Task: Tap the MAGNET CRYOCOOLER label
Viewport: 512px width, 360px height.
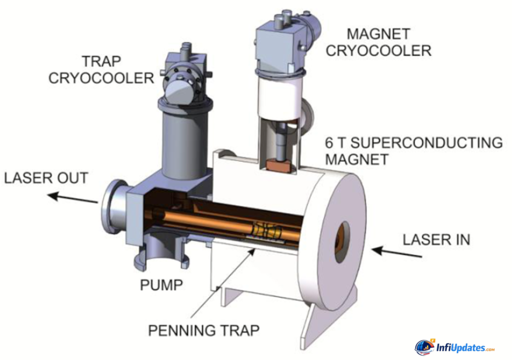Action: coord(389,42)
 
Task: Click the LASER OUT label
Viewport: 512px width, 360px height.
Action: coord(46,177)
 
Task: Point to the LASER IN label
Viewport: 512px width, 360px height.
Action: coord(436,239)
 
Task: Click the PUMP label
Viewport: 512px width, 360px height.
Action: coord(161,285)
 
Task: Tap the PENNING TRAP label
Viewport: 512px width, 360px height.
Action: coord(203,330)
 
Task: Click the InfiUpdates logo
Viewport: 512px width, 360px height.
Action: coord(454,347)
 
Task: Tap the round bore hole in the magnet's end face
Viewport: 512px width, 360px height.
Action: coord(342,242)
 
